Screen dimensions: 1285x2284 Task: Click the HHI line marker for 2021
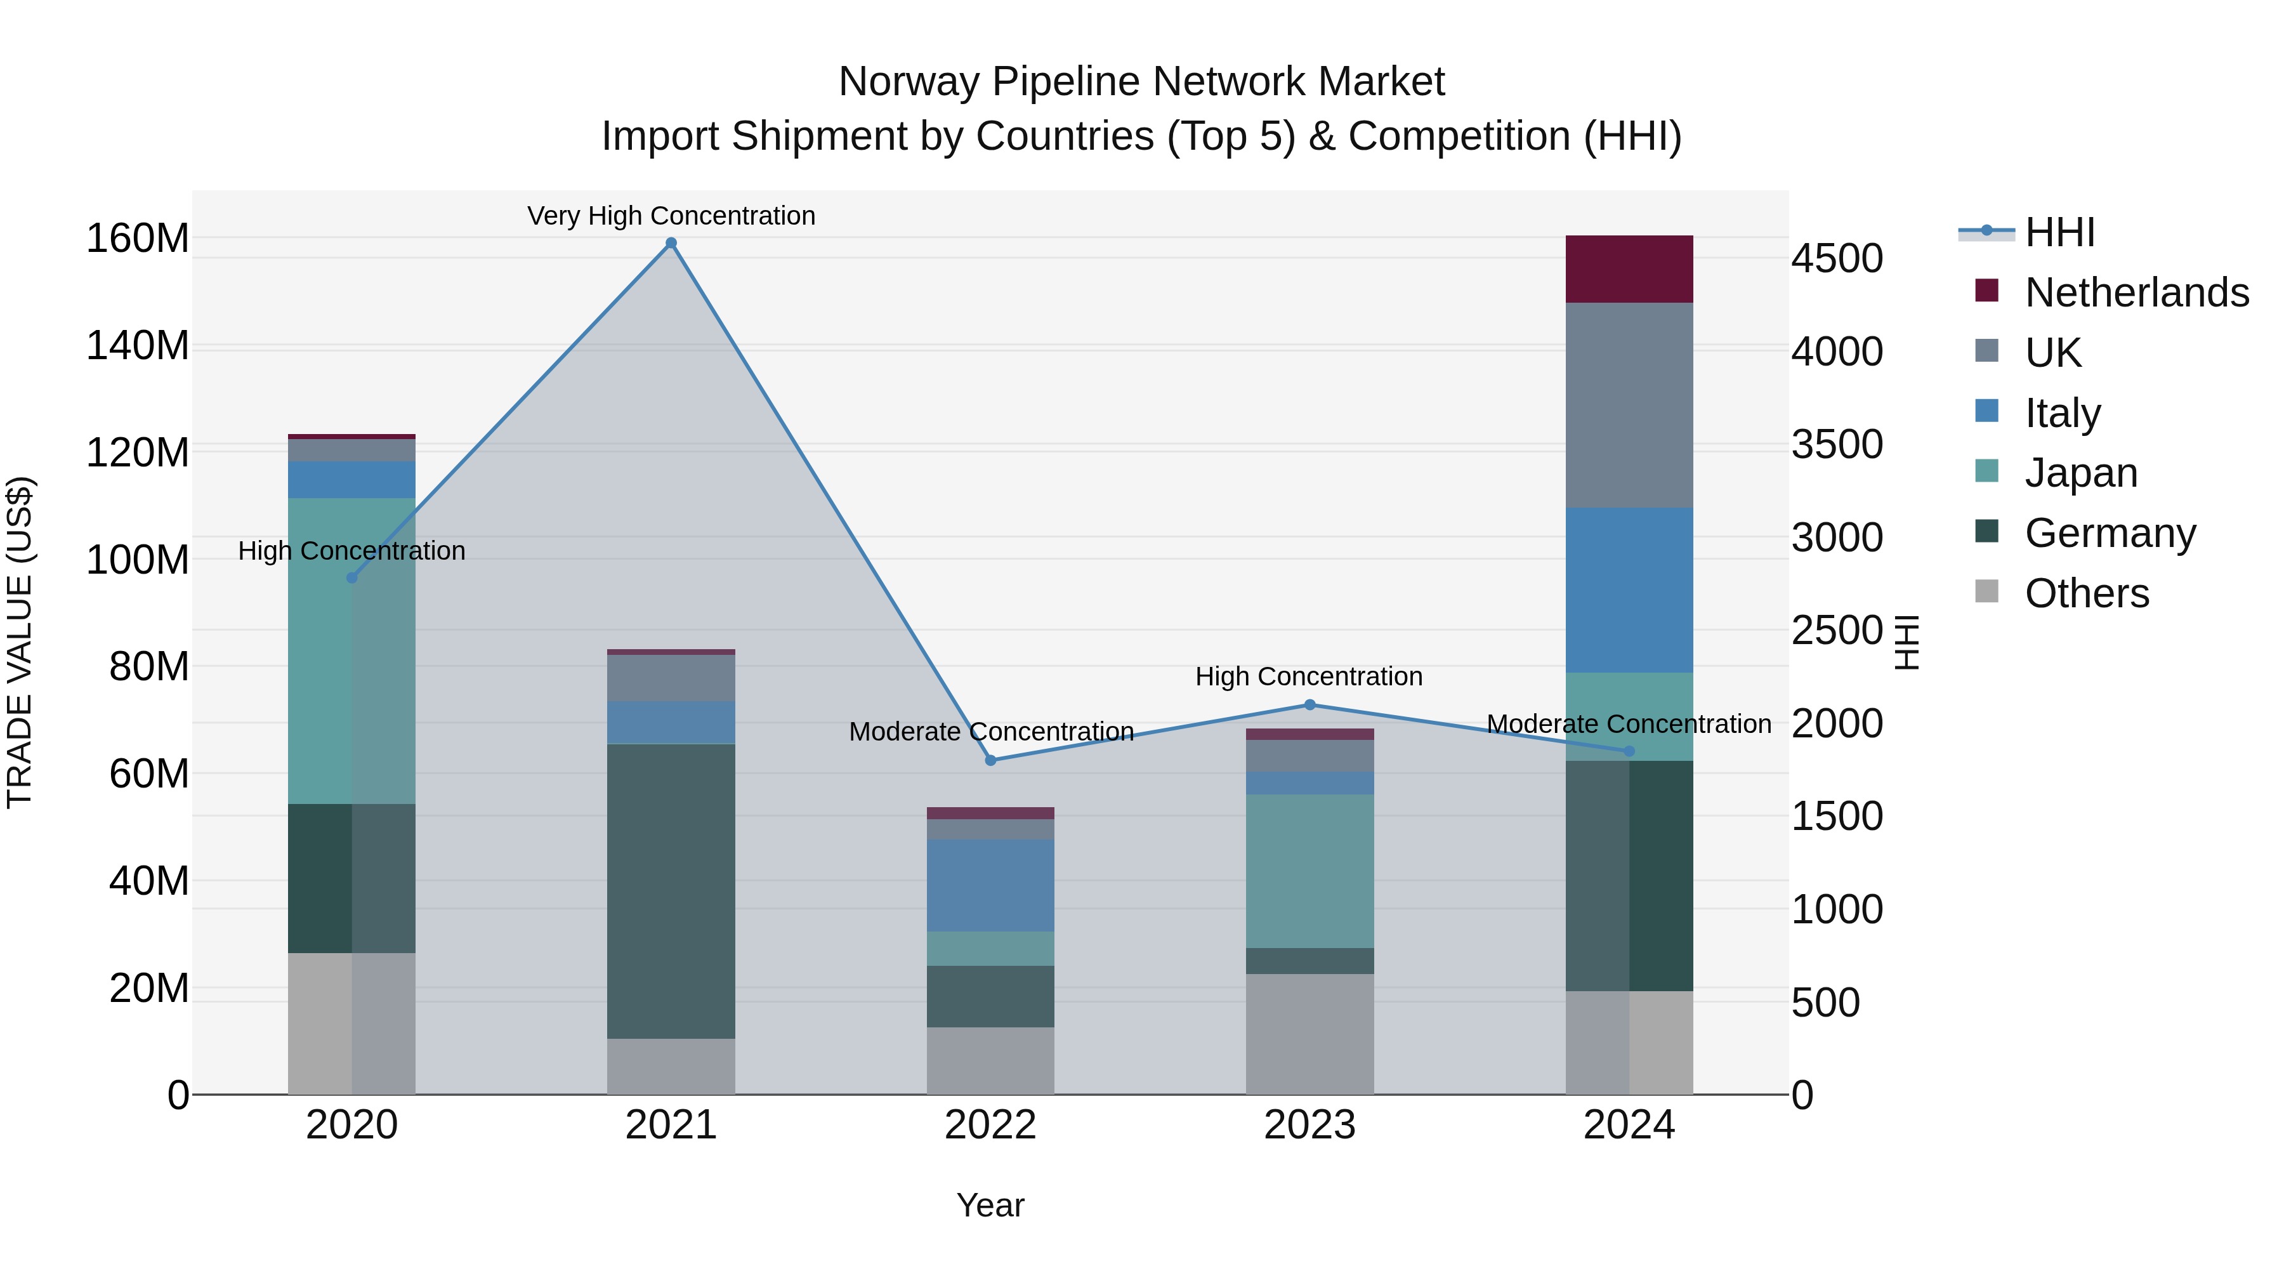tap(671, 243)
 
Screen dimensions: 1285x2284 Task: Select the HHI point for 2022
tap(990, 760)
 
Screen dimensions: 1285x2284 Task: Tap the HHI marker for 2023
tap(1309, 705)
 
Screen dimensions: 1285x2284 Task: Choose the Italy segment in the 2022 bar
tap(990, 885)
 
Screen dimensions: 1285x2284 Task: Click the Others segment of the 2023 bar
tap(1309, 1034)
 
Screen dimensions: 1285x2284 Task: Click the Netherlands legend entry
tap(2137, 293)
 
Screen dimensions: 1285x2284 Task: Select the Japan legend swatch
tap(1987, 471)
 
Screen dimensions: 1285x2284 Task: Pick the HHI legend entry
tap(2059, 232)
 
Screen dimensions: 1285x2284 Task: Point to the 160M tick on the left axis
tap(138, 239)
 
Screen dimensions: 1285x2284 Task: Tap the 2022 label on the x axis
tap(990, 1125)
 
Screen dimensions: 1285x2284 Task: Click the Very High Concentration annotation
tap(671, 216)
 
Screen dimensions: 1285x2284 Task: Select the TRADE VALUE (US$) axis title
tap(20, 642)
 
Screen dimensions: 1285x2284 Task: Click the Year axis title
tap(990, 1205)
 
